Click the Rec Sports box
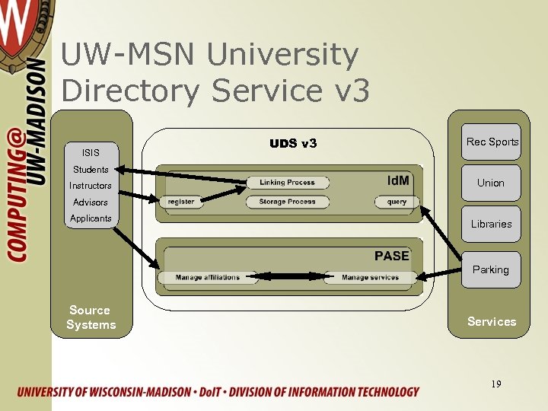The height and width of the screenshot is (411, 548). point(492,142)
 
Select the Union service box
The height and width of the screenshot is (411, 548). point(491,183)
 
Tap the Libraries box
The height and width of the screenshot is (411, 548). point(491,224)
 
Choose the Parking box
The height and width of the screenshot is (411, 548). point(491,269)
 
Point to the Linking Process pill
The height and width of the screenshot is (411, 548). point(288,183)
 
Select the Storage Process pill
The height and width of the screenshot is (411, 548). point(288,202)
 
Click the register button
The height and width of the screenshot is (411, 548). point(181,202)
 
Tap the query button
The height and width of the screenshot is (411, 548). point(397,202)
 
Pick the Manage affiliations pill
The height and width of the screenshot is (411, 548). point(207,278)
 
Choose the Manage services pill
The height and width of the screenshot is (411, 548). point(370,278)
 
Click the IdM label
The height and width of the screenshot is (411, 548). point(398,180)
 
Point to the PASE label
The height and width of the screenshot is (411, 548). point(391,256)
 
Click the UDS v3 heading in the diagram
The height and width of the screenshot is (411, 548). point(293,143)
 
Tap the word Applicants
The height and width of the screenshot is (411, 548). point(91,218)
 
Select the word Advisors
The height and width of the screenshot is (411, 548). point(91,202)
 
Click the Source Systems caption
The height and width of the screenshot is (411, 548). point(91,317)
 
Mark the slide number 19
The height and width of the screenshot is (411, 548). point(496,384)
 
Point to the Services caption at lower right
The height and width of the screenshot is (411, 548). point(492,321)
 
